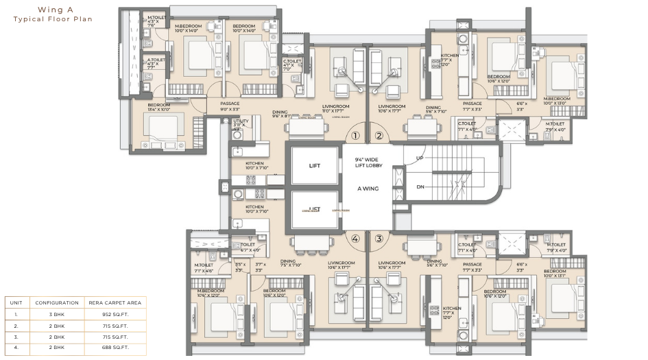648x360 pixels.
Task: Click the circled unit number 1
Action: (355, 136)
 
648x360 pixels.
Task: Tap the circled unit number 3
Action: (379, 239)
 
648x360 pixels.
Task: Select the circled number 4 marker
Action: (355, 239)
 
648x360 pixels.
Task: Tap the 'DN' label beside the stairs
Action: (420, 187)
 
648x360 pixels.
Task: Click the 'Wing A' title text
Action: (52, 11)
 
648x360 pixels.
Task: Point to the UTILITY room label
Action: (240, 123)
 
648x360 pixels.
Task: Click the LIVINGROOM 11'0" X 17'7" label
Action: (336, 109)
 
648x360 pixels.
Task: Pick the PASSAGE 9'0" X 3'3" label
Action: (230, 106)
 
